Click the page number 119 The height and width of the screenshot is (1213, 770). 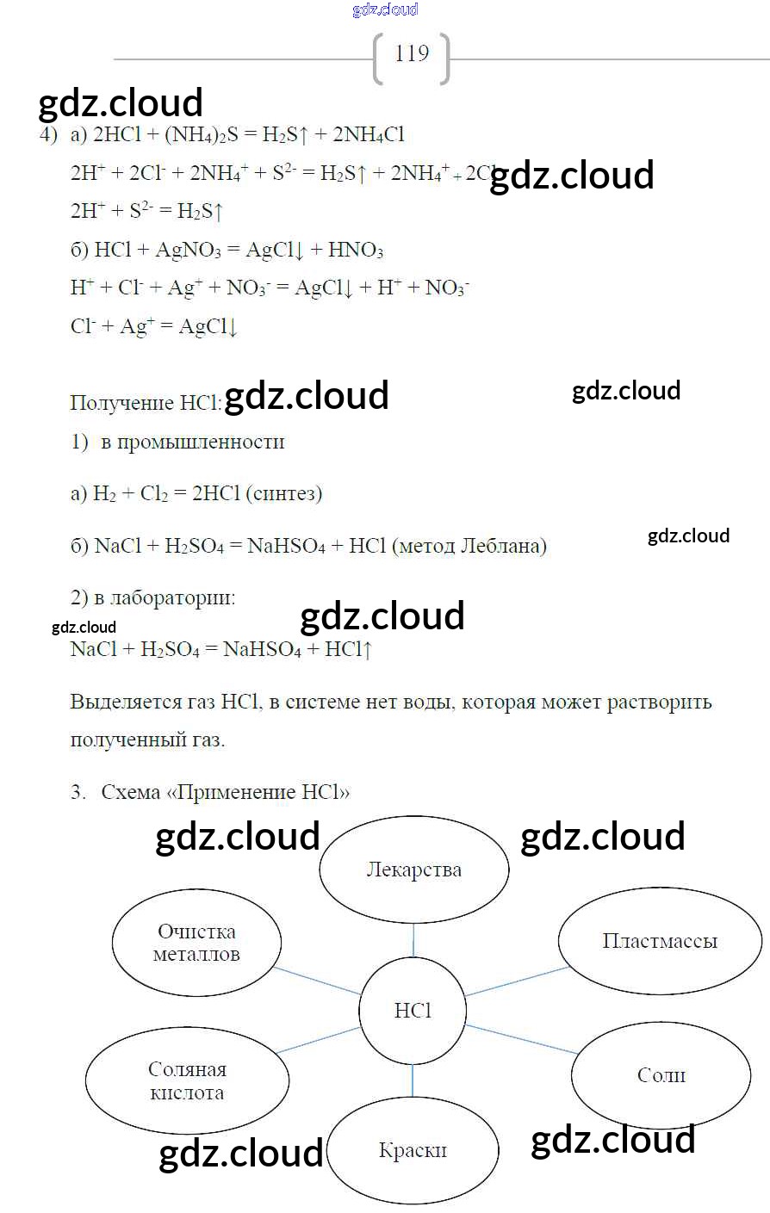pyautogui.click(x=412, y=54)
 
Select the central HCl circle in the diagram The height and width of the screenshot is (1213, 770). pyautogui.click(x=413, y=1010)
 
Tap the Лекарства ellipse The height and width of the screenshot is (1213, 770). pyautogui.click(x=414, y=870)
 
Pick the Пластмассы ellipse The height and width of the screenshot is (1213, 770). pyautogui.click(x=660, y=941)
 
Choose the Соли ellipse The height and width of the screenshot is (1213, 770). pyautogui.click(x=661, y=1074)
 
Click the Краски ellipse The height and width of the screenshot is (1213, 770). pyautogui.click(x=413, y=1150)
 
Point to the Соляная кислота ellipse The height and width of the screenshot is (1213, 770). pyautogui.click(x=187, y=1080)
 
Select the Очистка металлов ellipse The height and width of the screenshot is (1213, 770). pyautogui.click(x=196, y=943)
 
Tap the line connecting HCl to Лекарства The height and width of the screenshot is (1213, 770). pyautogui.click(x=413, y=939)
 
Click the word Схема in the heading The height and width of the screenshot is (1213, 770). pyautogui.click(x=130, y=792)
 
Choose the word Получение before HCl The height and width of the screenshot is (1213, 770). pyautogui.click(x=122, y=403)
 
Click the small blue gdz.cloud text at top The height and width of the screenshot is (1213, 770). pyautogui.click(x=385, y=9)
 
